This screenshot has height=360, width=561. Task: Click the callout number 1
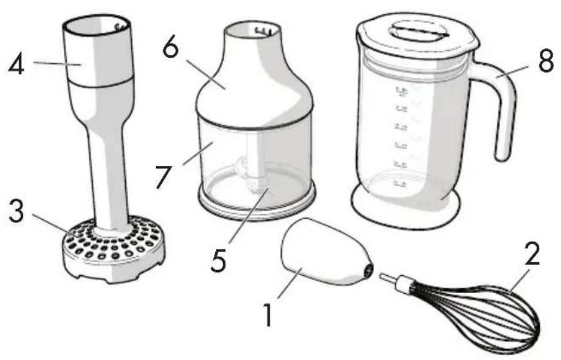tap(265, 316)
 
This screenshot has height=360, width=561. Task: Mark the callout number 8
tap(545, 62)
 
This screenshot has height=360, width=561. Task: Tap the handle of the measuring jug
tap(505, 109)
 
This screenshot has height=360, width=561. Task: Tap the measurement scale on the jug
tap(402, 135)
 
